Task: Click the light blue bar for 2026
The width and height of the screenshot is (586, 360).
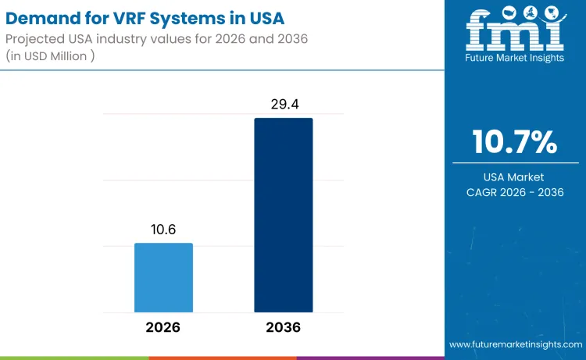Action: (x=163, y=277)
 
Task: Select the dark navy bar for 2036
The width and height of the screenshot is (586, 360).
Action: (x=283, y=215)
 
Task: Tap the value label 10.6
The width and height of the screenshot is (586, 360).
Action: (x=163, y=230)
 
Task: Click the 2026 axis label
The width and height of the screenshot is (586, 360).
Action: (x=163, y=326)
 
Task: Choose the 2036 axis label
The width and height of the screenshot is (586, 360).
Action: (x=283, y=326)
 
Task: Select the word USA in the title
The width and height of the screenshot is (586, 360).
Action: (x=261, y=16)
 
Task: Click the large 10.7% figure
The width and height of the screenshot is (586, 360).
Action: (x=515, y=142)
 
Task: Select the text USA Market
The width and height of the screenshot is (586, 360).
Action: (x=515, y=177)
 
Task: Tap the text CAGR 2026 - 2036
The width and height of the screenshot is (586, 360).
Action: (x=515, y=192)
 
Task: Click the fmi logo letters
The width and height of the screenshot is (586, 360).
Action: (x=515, y=34)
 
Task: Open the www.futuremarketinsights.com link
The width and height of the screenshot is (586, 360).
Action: (x=515, y=344)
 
